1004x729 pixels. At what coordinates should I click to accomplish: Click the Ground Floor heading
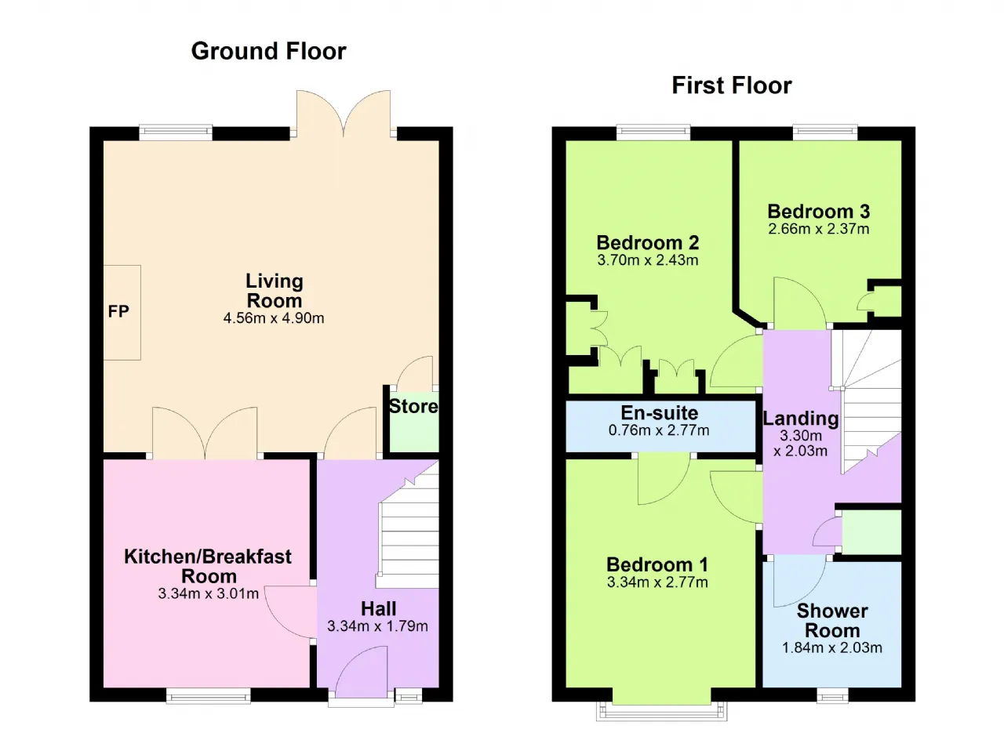click(x=268, y=51)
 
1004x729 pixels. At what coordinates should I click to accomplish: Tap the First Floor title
click(x=732, y=85)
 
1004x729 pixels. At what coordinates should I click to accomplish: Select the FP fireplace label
click(x=118, y=311)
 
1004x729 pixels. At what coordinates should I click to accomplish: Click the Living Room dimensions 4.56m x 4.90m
click(x=274, y=318)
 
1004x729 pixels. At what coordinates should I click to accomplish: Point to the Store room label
click(x=413, y=407)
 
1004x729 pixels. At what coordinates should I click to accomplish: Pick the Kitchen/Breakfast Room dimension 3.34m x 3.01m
click(x=209, y=593)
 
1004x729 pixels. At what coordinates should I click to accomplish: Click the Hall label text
click(x=378, y=608)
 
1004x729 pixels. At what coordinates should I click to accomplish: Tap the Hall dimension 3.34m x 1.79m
click(x=377, y=626)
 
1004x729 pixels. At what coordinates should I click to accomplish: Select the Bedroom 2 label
click(x=648, y=243)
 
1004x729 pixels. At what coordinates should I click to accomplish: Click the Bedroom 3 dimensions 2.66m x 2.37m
click(x=818, y=229)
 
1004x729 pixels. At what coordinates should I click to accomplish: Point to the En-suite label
click(x=660, y=413)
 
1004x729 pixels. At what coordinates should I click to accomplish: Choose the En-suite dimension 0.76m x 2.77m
click(x=659, y=430)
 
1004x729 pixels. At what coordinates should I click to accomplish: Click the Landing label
click(x=801, y=419)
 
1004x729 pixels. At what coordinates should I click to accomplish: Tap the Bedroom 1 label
click(x=657, y=564)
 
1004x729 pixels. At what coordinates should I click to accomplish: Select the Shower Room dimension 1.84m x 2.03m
click(x=832, y=647)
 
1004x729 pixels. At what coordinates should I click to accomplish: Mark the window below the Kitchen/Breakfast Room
click(x=209, y=696)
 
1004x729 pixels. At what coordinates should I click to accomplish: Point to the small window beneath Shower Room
click(x=832, y=696)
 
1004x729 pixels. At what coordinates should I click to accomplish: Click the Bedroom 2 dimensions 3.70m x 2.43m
click(x=648, y=260)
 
